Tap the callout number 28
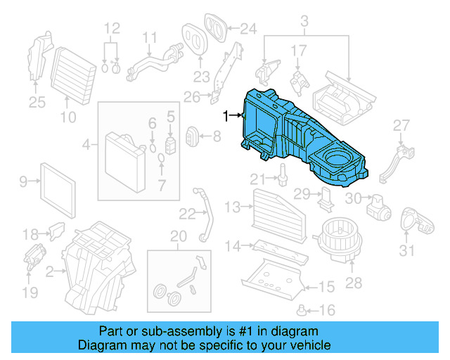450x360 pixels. coord(353,283)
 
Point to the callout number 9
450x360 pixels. coord(23,182)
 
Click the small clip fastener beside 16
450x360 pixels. coord(303,309)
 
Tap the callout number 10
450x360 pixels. coord(67,117)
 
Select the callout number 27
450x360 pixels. coord(400,126)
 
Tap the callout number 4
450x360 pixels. coord(86,145)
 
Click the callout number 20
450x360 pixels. coord(179,236)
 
